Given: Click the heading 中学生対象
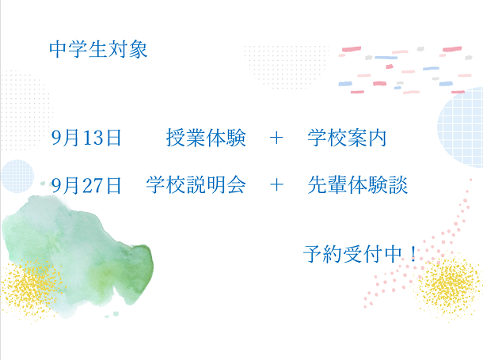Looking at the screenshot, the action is pos(98,49).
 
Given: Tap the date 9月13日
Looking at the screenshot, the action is pos(86,138).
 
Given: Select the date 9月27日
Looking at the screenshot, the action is pos(86,185).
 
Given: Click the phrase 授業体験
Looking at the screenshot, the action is pos(206,138).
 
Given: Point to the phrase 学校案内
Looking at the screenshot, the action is pos(347,138).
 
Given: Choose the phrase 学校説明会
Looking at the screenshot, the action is pos(196,185).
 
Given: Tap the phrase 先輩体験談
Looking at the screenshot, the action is pos(357,185).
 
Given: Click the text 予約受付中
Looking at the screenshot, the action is pos(352,254).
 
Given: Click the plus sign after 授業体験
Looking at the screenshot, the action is pos(276,138).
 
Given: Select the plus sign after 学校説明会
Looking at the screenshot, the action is pos(276,185).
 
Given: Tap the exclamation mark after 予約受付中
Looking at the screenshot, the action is pos(413,254).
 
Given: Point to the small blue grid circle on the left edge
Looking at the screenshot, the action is pos(17,176).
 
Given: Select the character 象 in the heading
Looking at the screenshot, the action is pos(138,49).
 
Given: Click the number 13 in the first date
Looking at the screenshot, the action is pos(93,138).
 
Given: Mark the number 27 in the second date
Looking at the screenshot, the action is pos(93,186).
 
